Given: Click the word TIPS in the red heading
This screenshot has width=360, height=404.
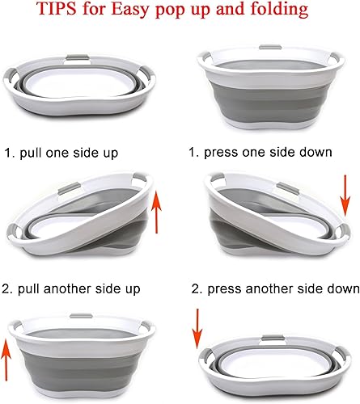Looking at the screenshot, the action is point(57,8).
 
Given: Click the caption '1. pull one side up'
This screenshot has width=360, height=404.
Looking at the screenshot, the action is point(61,153).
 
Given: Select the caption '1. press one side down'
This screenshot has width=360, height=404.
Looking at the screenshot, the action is point(260,153).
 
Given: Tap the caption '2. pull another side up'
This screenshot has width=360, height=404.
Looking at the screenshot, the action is point(71,289).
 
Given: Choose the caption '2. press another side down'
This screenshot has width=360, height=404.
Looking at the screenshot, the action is point(275,289).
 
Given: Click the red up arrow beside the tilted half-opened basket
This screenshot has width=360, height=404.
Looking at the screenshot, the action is point(156,212).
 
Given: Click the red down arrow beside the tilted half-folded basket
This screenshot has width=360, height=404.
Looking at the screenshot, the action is point(345,196).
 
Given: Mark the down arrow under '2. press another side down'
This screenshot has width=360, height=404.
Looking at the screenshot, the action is point(197,329).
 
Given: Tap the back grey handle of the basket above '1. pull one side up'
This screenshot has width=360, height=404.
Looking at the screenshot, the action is point(78,57).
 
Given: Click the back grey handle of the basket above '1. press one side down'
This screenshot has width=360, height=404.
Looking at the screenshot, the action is point(270,48).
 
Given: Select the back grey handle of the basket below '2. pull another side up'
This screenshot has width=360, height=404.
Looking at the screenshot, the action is point(81,316).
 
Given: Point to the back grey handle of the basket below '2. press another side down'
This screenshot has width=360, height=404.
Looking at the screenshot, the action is point(273,338).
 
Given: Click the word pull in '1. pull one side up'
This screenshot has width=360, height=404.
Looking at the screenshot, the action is point(31,154).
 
